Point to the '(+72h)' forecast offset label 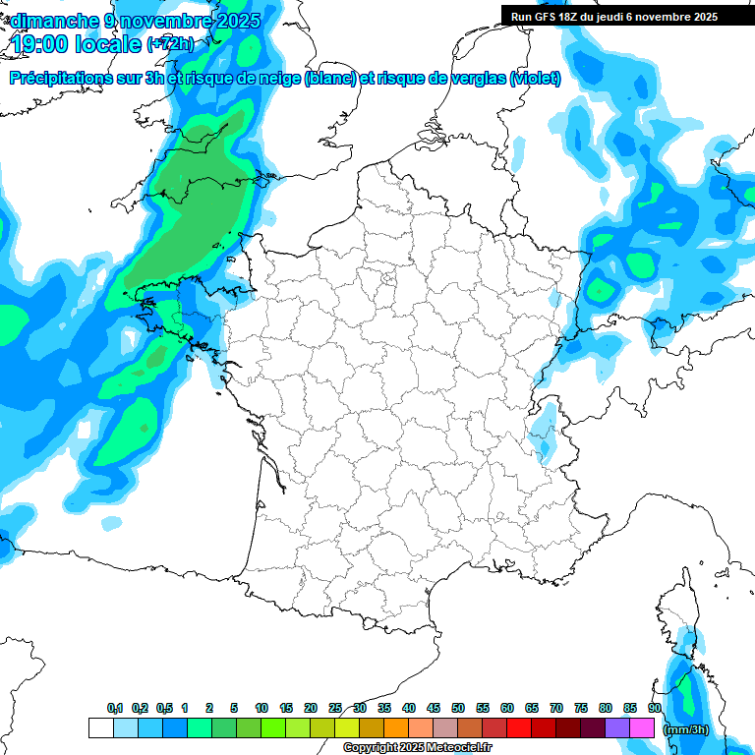coord(170,45)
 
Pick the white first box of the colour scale coord(100,728)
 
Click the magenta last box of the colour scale coord(642,728)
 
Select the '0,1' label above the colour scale coord(114,709)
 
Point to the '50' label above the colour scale coord(458,709)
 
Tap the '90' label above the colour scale coord(654,709)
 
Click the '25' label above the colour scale coord(335,709)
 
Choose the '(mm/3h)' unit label coord(686,729)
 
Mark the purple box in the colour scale coord(617,728)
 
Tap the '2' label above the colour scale coord(210,709)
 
